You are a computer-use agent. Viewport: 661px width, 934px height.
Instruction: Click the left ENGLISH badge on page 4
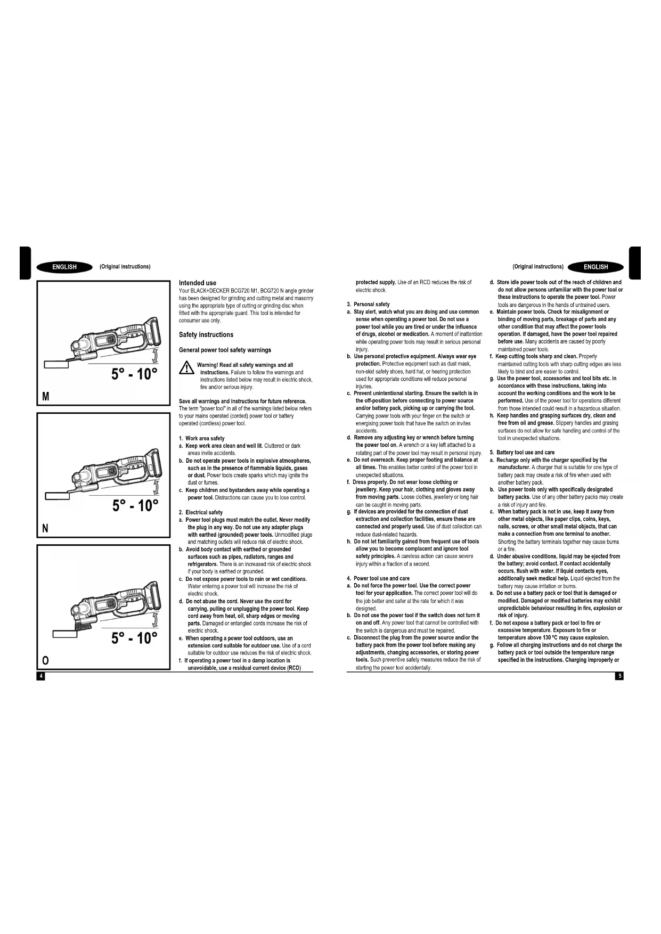point(64,267)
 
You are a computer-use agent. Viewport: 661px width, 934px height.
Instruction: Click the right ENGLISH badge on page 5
point(595,267)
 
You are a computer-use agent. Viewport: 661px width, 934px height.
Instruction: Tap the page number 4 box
point(40,676)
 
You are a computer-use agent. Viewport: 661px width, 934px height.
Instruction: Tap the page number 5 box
point(619,676)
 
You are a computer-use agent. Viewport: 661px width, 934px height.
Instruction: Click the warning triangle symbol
point(186,367)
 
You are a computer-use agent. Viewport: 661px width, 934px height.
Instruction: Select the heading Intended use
point(198,283)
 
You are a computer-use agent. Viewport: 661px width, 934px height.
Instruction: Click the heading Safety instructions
point(206,335)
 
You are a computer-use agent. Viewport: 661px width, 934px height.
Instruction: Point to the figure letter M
point(46,397)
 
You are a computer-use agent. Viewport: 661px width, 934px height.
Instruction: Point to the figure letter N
point(45,528)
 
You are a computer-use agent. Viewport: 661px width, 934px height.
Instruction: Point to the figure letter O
point(45,660)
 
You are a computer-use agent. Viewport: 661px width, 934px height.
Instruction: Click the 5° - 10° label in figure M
point(134,374)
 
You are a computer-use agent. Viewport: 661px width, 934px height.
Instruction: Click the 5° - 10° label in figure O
point(134,638)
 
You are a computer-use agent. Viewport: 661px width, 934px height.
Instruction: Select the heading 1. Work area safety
point(202,438)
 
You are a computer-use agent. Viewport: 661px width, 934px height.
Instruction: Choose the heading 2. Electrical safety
point(201,512)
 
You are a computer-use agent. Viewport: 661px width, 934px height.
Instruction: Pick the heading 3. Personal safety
point(368,304)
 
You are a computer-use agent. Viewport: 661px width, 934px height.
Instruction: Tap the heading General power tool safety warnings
point(225,350)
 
